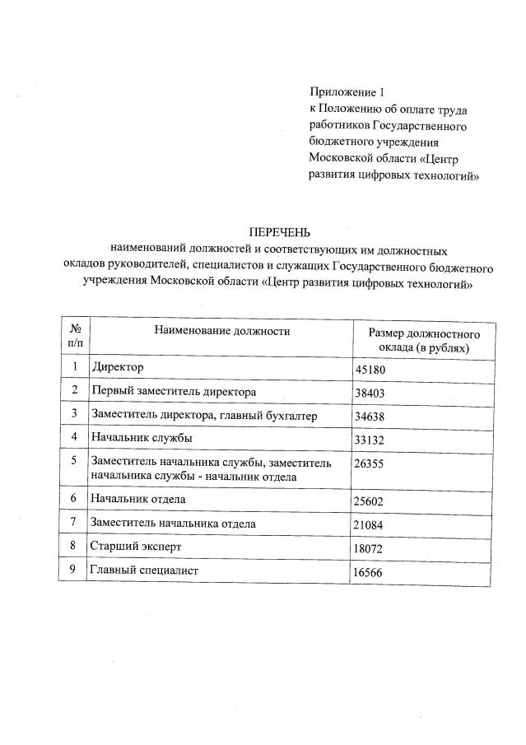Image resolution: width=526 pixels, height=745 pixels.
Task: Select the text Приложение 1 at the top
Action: [x=347, y=91]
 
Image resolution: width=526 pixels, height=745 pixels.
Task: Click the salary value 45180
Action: [x=370, y=370]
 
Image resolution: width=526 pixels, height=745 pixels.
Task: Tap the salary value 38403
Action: [x=370, y=393]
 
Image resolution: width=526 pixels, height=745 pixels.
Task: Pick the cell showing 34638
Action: [x=370, y=417]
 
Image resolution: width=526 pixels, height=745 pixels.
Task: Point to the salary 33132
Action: [x=370, y=440]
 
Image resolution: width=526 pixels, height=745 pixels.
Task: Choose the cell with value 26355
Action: [x=370, y=464]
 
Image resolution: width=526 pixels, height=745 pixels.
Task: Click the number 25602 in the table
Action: [x=370, y=501]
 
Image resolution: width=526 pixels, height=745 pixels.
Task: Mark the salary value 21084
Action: [x=370, y=524]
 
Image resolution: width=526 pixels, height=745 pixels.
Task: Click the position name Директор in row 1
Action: [x=118, y=366]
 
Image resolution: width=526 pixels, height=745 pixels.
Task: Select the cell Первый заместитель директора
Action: [x=174, y=391]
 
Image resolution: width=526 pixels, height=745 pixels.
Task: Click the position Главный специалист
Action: [x=145, y=570]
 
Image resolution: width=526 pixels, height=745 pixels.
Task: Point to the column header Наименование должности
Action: [x=222, y=331]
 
